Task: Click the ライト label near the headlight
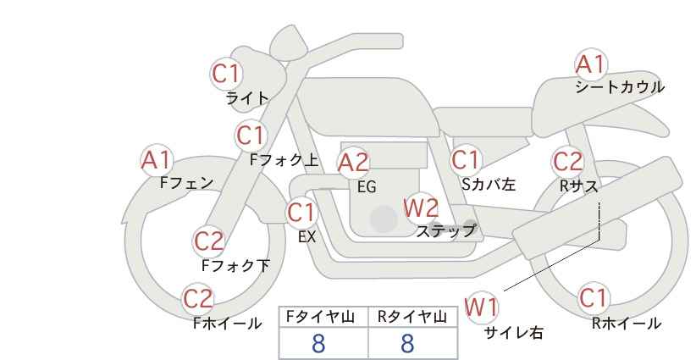pos(246,98)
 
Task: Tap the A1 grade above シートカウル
pos(591,64)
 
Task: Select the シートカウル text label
pos(619,86)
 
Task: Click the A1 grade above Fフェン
pos(156,159)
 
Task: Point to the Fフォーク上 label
pos(284,158)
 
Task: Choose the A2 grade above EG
pos(353,163)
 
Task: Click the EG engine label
pos(366,187)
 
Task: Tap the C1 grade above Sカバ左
pos(466,159)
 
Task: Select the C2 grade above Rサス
pos(567,161)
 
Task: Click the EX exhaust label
pos(307,237)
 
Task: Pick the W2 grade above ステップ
pos(421,207)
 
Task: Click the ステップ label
pos(445,230)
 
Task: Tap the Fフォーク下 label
pos(235,265)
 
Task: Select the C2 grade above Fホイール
pos(199,298)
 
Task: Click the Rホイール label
pos(626,323)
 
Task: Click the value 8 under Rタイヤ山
pos(407,343)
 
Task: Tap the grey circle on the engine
pos(384,219)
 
